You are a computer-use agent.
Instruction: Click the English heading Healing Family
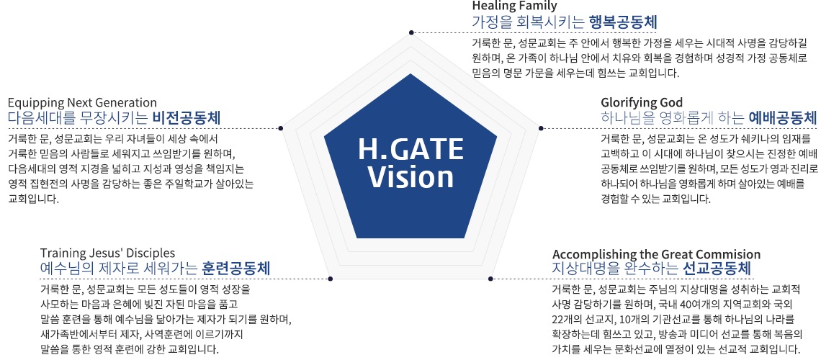(514, 6)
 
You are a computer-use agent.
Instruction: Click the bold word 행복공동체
(622, 22)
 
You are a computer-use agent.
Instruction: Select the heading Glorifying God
(642, 102)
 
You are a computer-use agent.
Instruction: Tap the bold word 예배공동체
(783, 118)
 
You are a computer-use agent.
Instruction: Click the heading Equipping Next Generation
(82, 102)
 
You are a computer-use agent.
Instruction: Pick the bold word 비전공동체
(187, 118)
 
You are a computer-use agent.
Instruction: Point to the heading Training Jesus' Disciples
(107, 253)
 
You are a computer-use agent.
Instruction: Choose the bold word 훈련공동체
(236, 269)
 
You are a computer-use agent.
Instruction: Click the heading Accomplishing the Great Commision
(656, 254)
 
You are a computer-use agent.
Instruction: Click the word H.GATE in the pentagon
(410, 150)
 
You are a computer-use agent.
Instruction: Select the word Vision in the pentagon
(410, 177)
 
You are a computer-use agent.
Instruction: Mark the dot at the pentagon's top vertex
(410, 32)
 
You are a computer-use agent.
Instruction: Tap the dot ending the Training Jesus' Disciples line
(330, 279)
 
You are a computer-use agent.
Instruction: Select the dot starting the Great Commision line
(490, 279)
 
